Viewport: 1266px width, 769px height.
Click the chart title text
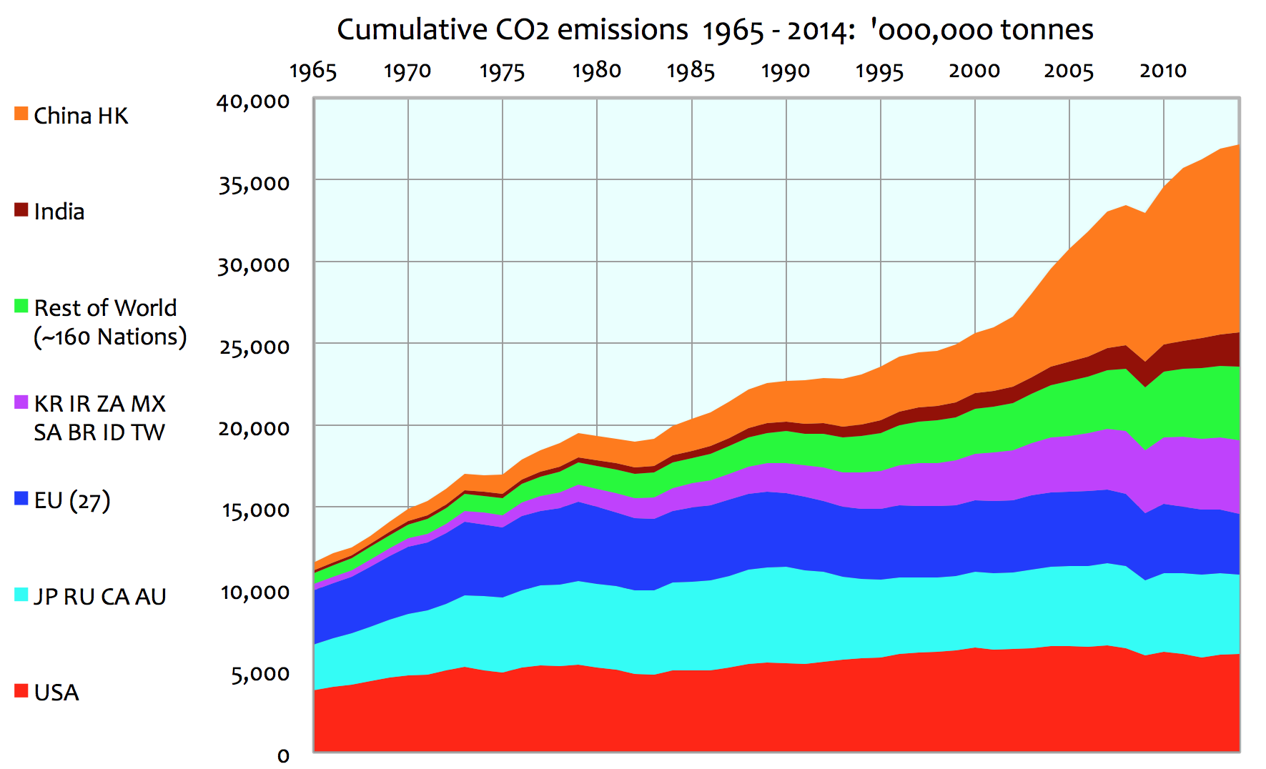click(715, 30)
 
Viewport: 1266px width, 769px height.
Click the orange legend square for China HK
click(21, 114)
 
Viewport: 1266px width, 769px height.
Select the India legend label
click(59, 212)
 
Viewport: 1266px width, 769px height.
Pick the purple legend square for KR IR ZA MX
click(21, 402)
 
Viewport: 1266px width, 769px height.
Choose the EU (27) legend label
click(72, 500)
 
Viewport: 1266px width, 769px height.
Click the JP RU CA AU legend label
click(100, 596)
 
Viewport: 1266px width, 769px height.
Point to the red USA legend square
click(21, 691)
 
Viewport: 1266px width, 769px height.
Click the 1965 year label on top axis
click(313, 71)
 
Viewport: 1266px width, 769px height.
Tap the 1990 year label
click(786, 71)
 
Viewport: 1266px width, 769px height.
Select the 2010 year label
click(1163, 71)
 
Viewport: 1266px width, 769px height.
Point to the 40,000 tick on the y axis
click(254, 102)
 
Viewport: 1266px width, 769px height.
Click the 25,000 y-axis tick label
click(254, 347)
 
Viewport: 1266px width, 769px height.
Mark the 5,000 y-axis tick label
click(260, 674)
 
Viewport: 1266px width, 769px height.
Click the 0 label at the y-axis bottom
click(283, 756)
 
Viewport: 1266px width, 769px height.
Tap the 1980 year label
click(597, 71)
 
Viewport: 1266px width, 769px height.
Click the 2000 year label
click(974, 71)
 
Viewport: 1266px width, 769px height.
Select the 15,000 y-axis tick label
click(255, 510)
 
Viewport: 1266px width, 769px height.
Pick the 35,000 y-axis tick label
click(254, 184)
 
